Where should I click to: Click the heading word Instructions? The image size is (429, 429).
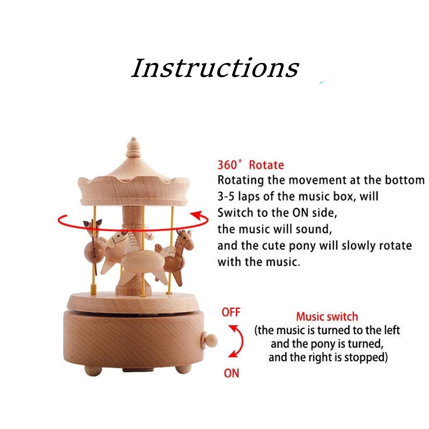coord(215,68)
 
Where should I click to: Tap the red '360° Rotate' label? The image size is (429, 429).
coord(251,165)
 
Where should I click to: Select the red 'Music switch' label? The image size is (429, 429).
coord(327,317)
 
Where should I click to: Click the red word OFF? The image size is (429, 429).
coord(231,312)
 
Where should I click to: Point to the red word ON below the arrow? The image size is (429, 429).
coord(231,373)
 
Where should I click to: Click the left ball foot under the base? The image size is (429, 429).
coord(93,370)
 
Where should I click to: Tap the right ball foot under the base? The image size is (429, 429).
coord(183,369)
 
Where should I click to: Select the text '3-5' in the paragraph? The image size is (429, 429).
coord(226,197)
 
